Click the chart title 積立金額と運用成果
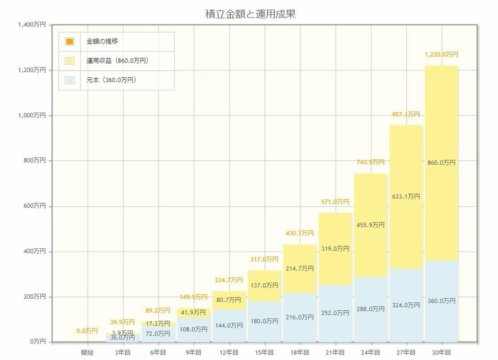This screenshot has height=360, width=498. pyautogui.click(x=250, y=14)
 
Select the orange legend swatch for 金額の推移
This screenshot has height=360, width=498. pyautogui.click(x=69, y=42)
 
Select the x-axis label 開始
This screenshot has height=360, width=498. pyautogui.click(x=87, y=353)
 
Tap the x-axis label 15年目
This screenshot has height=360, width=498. pyautogui.click(x=264, y=353)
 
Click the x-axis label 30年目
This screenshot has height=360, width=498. pyautogui.click(x=440, y=353)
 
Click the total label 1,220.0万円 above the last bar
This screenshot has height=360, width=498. pyautogui.click(x=441, y=54)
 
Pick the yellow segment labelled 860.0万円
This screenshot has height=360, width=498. pyautogui.click(x=441, y=163)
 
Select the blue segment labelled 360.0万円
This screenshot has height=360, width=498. pyautogui.click(x=441, y=301)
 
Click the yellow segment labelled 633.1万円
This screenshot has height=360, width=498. pyautogui.click(x=405, y=196)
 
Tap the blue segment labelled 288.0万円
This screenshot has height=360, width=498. pyautogui.click(x=370, y=309)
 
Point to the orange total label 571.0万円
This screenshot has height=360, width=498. pyautogui.click(x=335, y=202)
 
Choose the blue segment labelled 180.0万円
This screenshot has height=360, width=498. pyautogui.click(x=264, y=321)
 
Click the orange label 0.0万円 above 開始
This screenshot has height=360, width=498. pyautogui.click(x=87, y=331)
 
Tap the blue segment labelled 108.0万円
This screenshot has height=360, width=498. pyautogui.click(x=193, y=330)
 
